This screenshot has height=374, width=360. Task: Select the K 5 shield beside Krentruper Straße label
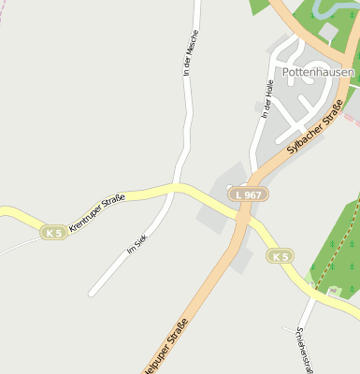coord(54,232)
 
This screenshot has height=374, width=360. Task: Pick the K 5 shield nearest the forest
coord(280,255)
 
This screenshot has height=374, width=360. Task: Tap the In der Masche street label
coord(191,52)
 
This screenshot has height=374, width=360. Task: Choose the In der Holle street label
coord(267,99)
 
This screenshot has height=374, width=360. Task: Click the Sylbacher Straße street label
coord(315,131)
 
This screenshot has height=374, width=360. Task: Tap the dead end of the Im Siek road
coord(92,295)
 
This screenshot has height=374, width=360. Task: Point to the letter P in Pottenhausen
coord(286,71)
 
